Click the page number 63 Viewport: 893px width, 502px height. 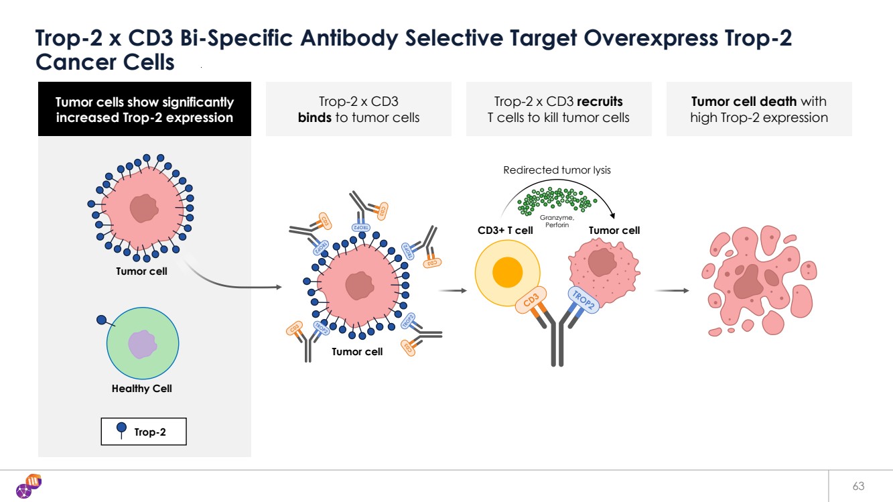click(x=858, y=486)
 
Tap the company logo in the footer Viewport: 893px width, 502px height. click(x=29, y=486)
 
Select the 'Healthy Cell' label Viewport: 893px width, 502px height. click(x=141, y=389)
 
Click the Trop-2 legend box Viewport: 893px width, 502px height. click(x=143, y=432)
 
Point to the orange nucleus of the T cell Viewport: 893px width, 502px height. click(x=507, y=273)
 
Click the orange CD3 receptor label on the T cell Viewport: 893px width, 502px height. click(x=531, y=300)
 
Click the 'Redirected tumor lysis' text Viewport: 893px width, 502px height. click(x=557, y=170)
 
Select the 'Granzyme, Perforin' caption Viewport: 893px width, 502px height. click(x=557, y=221)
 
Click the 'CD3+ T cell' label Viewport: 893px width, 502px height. click(x=505, y=231)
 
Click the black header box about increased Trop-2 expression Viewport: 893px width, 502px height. click(x=144, y=109)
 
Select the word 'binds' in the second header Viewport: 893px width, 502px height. click(x=314, y=118)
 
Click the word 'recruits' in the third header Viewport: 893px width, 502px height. click(x=600, y=102)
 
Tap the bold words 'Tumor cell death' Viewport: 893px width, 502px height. click(x=744, y=102)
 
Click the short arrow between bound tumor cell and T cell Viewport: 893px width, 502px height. click(x=453, y=291)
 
